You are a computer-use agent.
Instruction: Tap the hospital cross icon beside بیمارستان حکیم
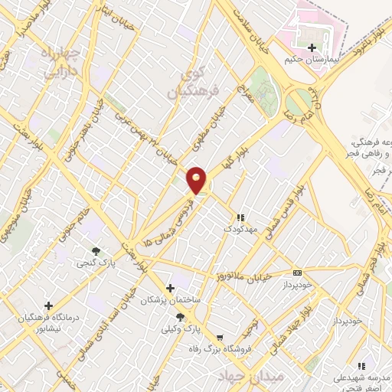click(312, 47)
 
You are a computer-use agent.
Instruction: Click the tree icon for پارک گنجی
click(96, 250)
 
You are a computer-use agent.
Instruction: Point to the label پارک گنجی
click(93, 263)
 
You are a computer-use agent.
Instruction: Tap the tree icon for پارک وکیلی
click(180, 316)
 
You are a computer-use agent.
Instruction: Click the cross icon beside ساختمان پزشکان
click(169, 287)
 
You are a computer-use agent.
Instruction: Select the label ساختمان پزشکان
click(170, 300)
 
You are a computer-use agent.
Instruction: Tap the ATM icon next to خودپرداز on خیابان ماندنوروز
click(297, 272)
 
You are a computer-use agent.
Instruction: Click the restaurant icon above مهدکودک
click(241, 217)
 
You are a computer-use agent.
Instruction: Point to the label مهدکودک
click(242, 228)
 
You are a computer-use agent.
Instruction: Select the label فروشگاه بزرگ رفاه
click(220, 349)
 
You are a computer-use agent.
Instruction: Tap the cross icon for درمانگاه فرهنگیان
click(48, 305)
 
